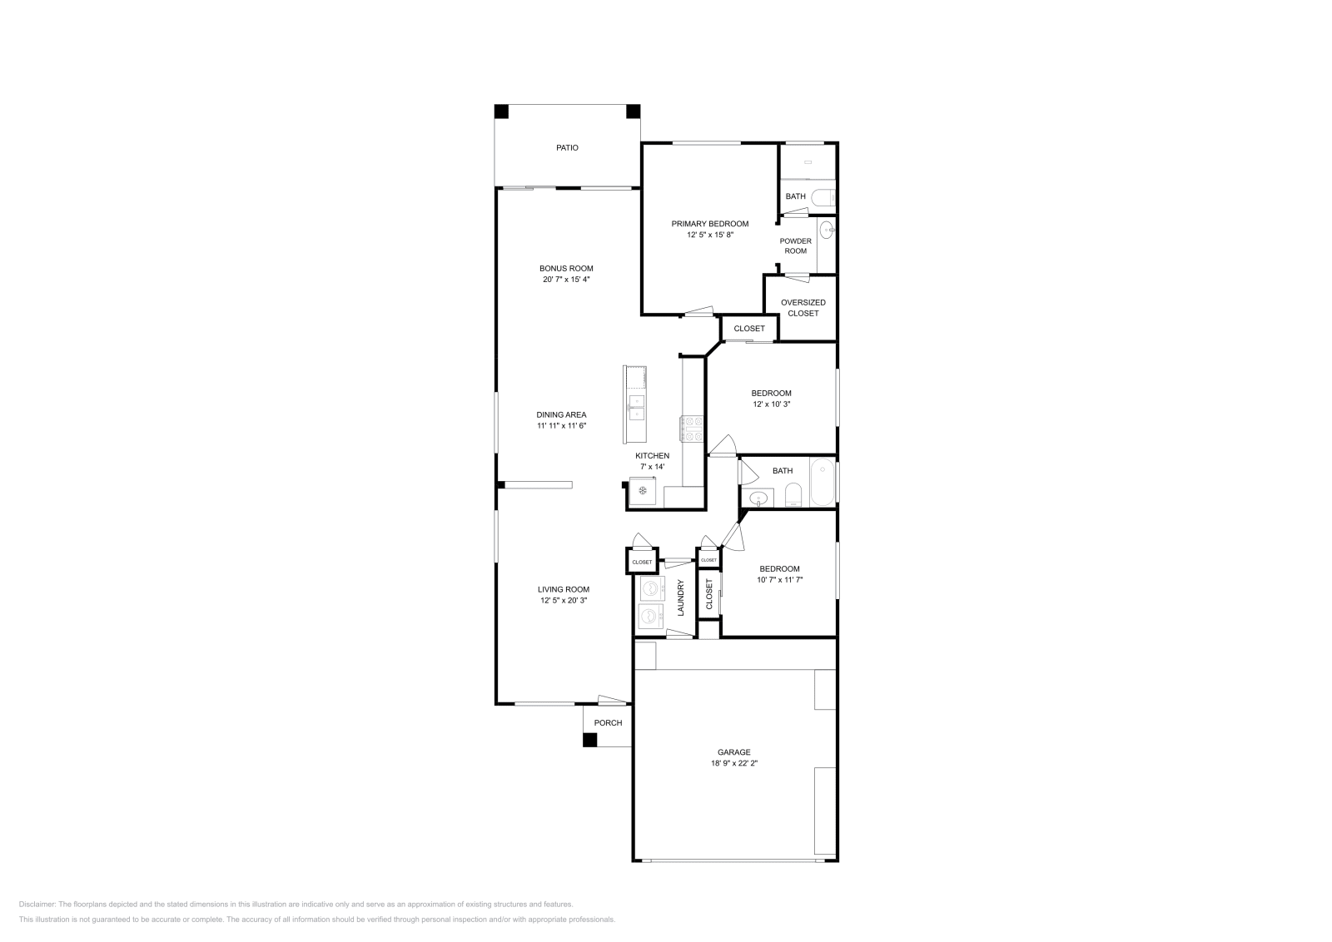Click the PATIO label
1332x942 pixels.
point(567,148)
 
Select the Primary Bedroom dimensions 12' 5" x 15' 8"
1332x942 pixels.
point(710,235)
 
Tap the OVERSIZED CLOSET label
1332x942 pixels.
point(803,308)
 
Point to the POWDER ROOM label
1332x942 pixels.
point(795,245)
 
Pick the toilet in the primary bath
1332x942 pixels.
point(824,198)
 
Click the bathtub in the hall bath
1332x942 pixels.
point(823,483)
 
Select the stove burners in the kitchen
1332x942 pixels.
point(693,429)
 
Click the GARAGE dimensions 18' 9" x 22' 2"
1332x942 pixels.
point(733,762)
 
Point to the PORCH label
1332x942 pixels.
point(608,723)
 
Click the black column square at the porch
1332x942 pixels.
point(589,740)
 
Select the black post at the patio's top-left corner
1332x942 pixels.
point(501,111)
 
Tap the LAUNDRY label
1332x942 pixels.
point(681,597)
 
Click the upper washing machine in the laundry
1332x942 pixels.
point(650,589)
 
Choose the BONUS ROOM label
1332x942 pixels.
point(566,269)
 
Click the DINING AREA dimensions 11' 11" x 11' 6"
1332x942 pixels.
point(562,426)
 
